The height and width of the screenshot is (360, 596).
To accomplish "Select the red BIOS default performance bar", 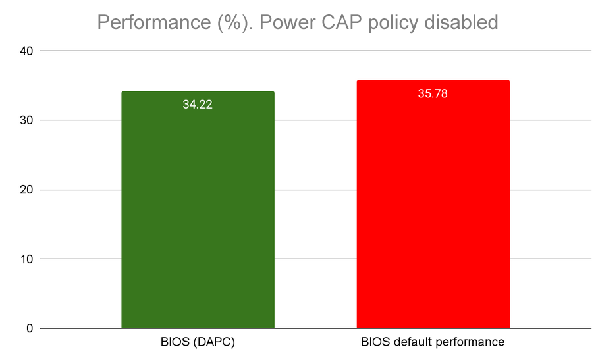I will pos(433,211).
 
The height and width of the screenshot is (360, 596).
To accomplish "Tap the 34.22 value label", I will pos(198,105).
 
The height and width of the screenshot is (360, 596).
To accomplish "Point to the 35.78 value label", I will pos(433,93).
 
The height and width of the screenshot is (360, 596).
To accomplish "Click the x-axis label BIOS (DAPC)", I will pos(198,343).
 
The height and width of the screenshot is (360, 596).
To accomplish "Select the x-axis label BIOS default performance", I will pos(433,343).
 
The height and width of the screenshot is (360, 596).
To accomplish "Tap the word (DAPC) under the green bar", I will pos(213,343).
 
